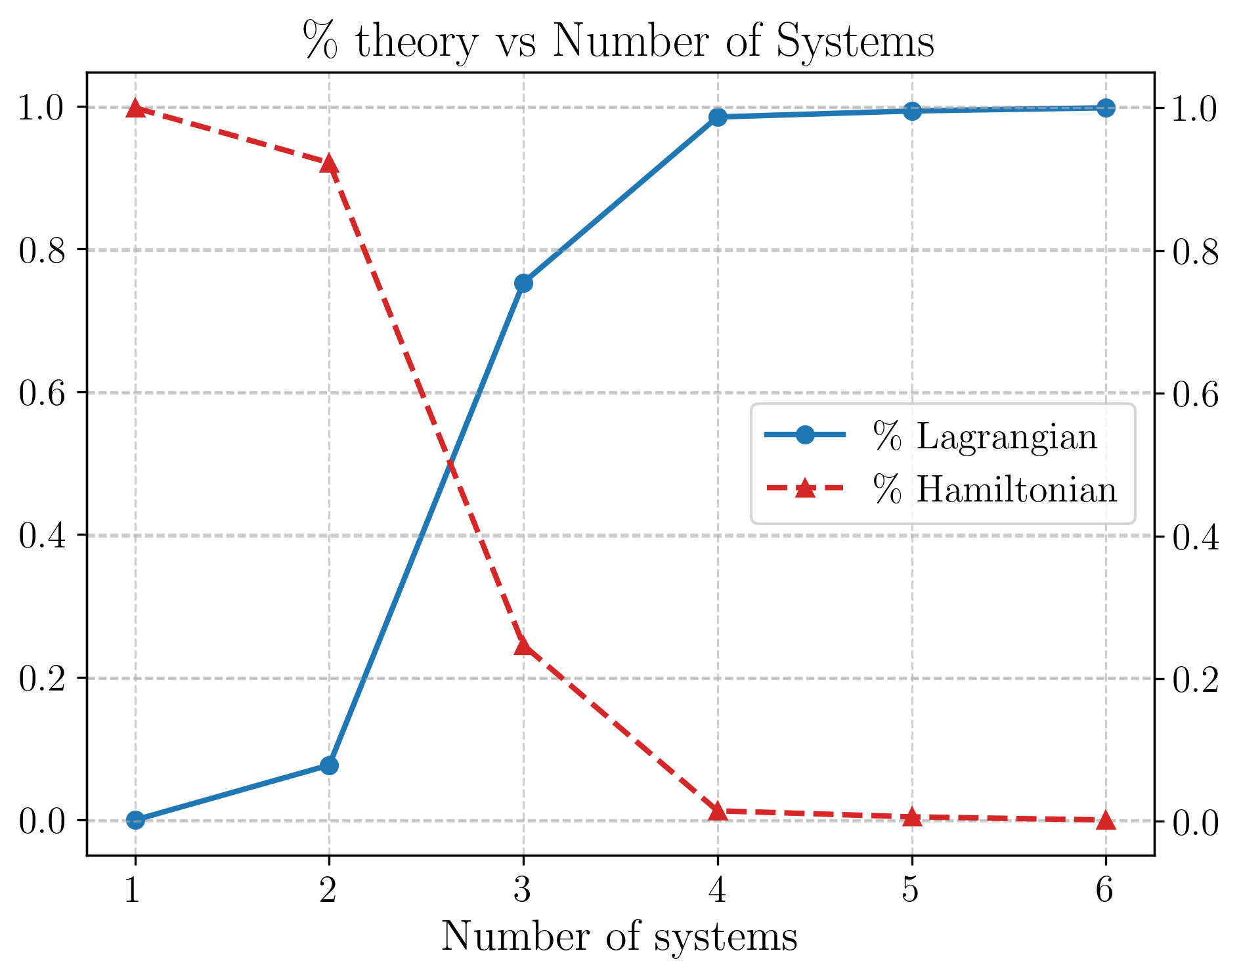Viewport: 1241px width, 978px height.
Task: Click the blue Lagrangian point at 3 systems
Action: click(523, 284)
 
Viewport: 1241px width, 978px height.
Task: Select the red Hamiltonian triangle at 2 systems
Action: click(329, 163)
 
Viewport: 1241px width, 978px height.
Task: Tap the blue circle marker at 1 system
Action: click(135, 820)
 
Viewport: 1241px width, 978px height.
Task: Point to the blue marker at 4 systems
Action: click(718, 117)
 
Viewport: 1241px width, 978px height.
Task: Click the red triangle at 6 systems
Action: click(1106, 820)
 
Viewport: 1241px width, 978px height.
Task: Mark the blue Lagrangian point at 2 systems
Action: click(329, 765)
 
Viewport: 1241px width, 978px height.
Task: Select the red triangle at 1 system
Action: click(135, 108)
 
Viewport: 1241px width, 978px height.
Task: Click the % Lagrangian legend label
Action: click(985, 436)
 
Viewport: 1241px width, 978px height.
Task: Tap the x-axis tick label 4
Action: click(718, 891)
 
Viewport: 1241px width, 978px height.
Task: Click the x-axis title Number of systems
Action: click(619, 937)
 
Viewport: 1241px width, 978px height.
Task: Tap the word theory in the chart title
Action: click(416, 41)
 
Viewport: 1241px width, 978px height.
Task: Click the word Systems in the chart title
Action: click(855, 41)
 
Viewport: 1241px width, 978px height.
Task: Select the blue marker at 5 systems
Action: click(911, 111)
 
